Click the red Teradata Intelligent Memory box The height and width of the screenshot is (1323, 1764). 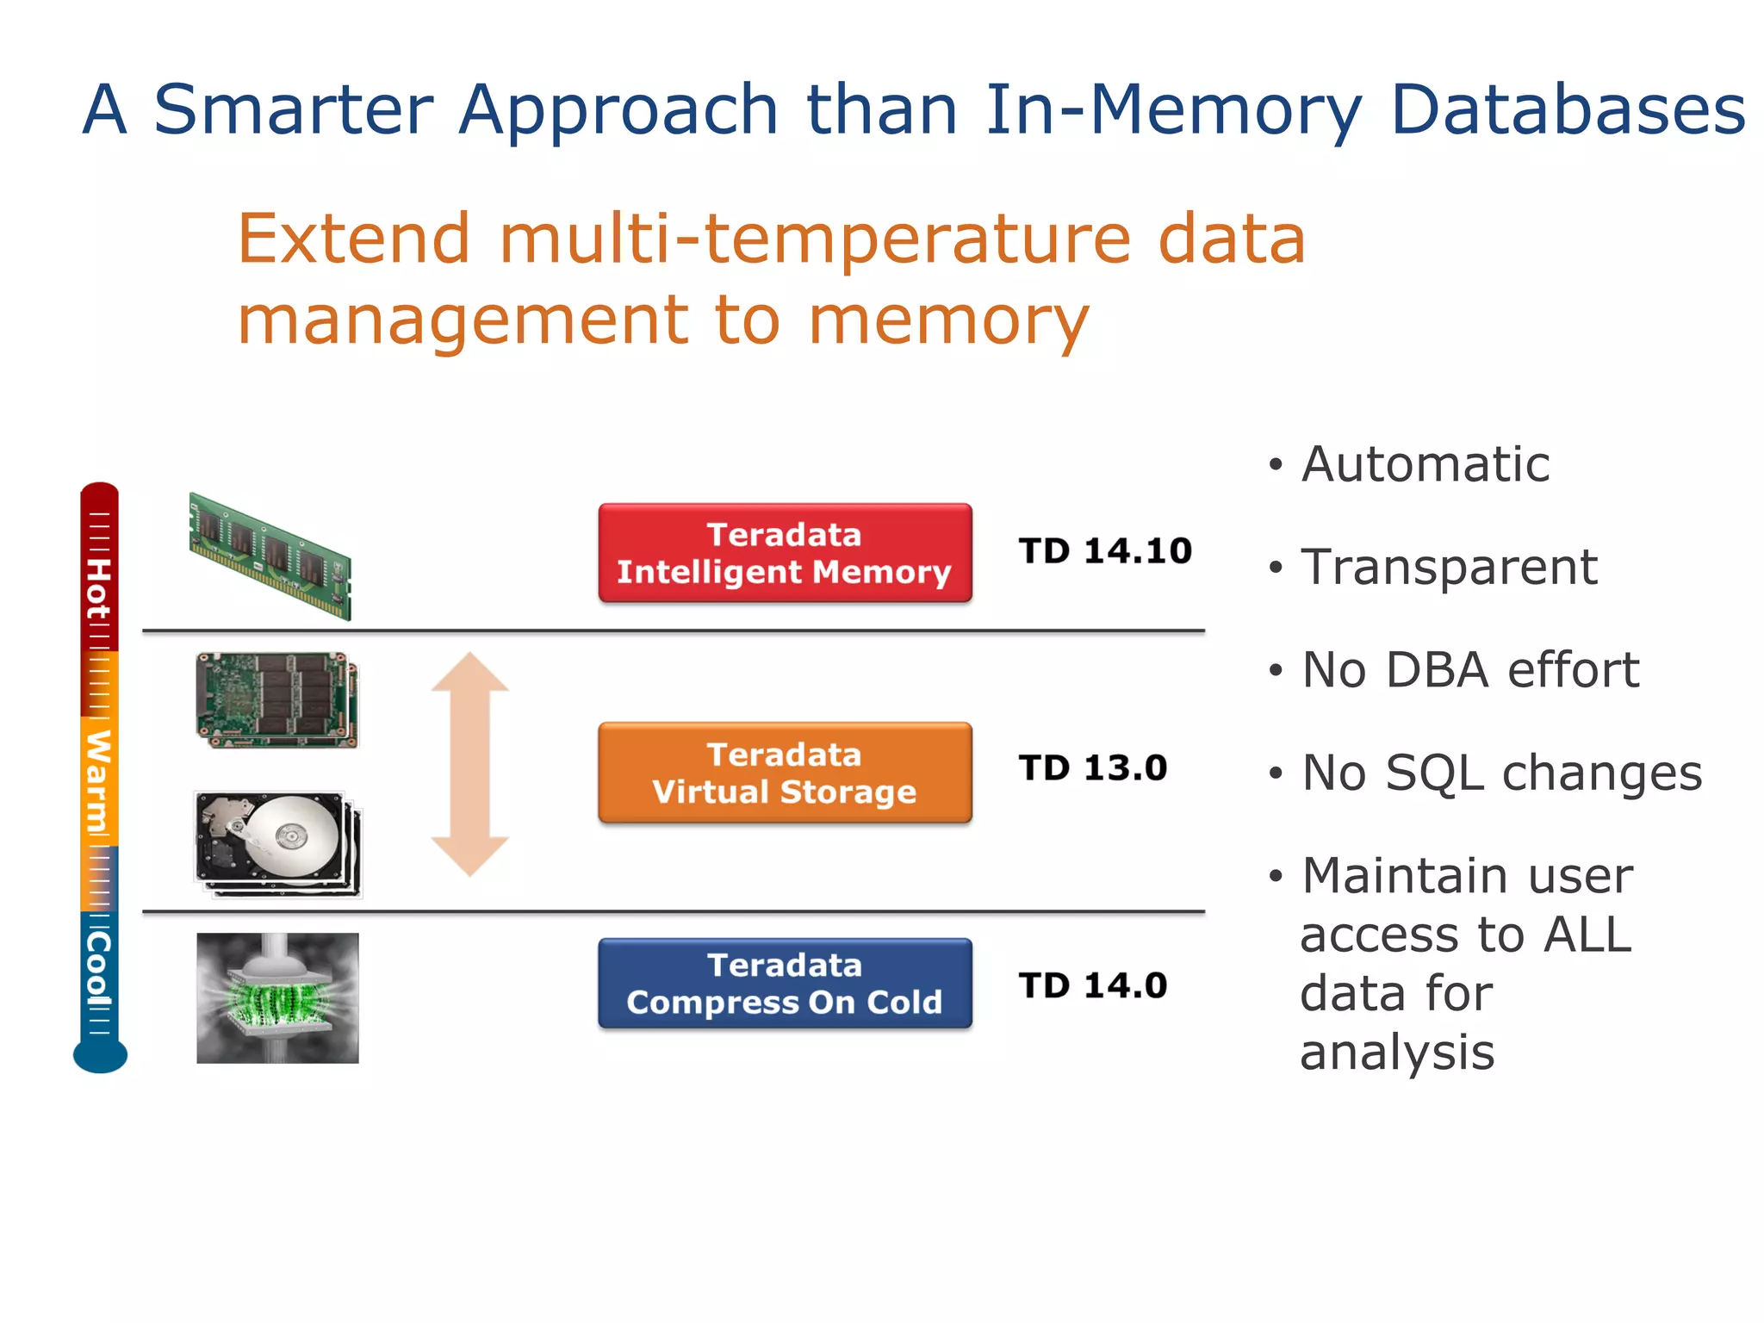tap(785, 553)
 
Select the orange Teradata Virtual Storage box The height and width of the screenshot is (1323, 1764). tap(785, 773)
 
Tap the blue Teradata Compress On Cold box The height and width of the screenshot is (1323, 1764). tap(785, 984)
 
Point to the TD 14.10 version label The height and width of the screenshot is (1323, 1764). tap(1105, 551)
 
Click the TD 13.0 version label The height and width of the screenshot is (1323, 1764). tap(1092, 768)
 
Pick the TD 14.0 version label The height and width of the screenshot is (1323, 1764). tap(1092, 985)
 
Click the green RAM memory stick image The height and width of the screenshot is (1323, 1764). tap(270, 556)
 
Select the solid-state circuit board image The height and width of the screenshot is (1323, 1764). tap(276, 699)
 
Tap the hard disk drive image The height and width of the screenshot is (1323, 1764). tap(277, 844)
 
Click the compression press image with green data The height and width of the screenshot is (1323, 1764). tap(277, 997)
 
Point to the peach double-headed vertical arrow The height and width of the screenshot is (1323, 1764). tap(469, 764)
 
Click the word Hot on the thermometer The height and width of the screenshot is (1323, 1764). tap(98, 589)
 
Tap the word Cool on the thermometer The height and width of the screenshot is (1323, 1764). tap(98, 969)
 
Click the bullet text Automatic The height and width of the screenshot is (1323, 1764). tap(1425, 465)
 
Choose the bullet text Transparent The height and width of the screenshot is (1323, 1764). tap(1449, 568)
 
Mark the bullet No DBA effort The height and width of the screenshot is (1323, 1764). tap(1469, 670)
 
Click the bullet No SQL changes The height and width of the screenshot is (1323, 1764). tap(1501, 773)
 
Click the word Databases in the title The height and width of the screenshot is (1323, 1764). tap(1567, 110)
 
